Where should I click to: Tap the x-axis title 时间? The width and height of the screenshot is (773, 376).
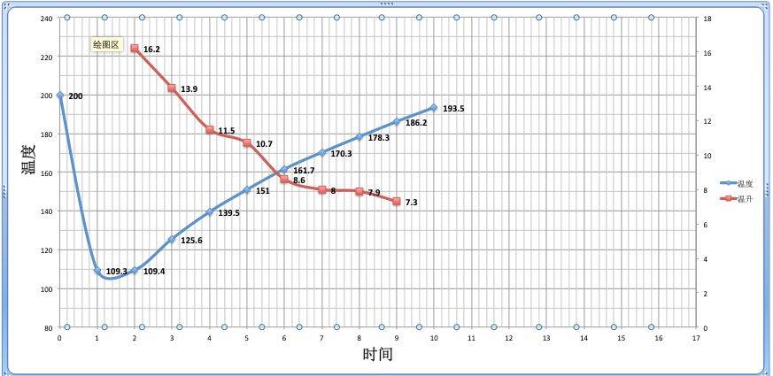(x=377, y=355)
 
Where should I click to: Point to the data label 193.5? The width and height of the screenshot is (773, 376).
(x=453, y=109)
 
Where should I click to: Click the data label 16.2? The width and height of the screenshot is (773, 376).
(x=151, y=50)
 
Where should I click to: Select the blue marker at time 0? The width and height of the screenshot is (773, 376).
(x=60, y=96)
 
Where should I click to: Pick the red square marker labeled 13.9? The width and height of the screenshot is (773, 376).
(x=172, y=88)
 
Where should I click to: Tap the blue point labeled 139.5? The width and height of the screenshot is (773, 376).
(x=210, y=211)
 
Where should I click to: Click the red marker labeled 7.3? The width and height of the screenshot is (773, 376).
(x=396, y=202)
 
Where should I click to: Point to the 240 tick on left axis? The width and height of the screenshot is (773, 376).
(x=46, y=18)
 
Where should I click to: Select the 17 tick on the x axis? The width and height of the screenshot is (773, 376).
(x=697, y=337)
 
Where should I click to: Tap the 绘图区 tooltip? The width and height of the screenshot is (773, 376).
(x=105, y=44)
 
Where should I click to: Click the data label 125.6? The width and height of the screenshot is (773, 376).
(x=191, y=241)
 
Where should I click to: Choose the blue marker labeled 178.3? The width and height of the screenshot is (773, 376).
(x=359, y=137)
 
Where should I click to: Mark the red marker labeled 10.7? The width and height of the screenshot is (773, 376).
(x=247, y=142)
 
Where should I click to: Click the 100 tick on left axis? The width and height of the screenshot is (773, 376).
(x=46, y=289)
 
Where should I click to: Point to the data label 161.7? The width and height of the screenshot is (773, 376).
(x=304, y=171)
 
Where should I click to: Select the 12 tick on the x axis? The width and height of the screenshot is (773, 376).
(x=509, y=337)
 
